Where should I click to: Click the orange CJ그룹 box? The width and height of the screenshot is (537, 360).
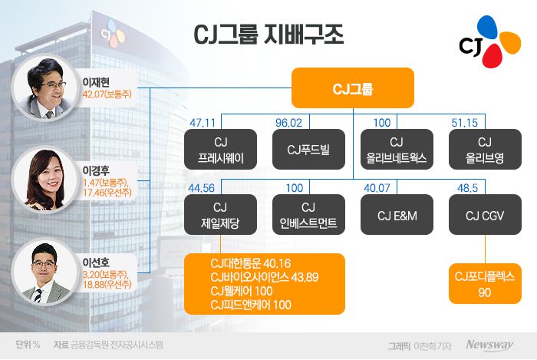353,88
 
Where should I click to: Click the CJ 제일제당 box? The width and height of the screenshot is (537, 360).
221,215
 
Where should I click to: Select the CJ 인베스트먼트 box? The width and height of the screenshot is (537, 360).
308,215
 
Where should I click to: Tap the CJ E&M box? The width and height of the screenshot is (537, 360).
397,215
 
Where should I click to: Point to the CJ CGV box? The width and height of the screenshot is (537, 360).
484,215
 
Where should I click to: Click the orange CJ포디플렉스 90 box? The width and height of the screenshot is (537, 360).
484,282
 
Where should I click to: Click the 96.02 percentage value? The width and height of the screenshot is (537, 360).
289,121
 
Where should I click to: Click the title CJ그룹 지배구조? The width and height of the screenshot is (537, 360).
267,35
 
